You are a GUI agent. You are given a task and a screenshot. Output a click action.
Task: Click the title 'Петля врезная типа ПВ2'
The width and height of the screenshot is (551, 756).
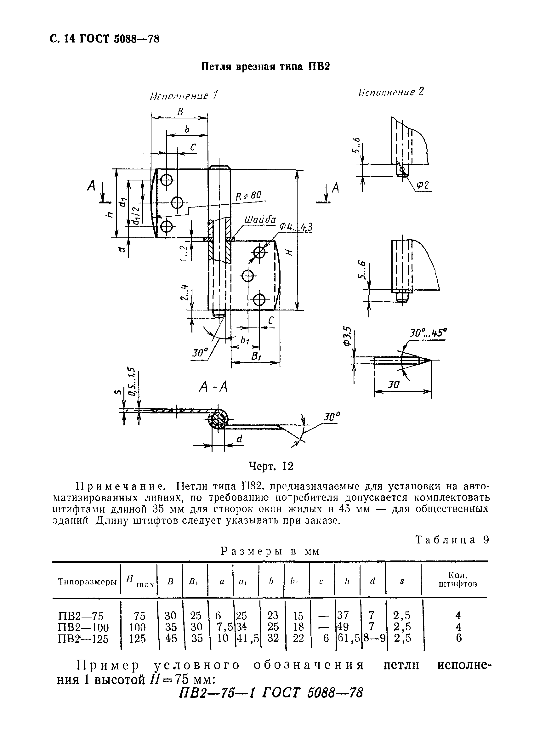tap(265, 67)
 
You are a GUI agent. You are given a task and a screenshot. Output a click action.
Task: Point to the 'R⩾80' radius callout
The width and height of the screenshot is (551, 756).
tap(248, 196)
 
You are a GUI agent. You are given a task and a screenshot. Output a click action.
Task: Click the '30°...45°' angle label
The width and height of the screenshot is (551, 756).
tap(428, 333)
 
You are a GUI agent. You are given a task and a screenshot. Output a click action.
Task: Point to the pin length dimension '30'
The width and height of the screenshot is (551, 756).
tap(394, 385)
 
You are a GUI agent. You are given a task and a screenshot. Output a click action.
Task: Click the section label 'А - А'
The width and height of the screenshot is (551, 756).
tap(213, 387)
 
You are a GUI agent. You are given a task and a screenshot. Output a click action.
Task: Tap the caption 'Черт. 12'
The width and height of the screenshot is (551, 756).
tap(271, 466)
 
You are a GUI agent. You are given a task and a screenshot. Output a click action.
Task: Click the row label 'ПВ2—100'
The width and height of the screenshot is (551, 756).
tap(83, 628)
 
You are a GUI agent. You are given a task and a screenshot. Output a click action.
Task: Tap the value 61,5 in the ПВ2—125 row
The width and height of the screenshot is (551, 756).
tap(349, 638)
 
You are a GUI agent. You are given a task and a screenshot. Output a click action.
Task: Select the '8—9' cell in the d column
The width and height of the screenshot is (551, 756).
tap(374, 638)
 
